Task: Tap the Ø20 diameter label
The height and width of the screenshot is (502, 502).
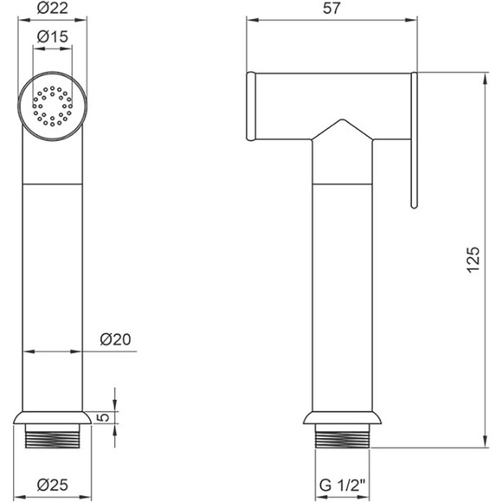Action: coord(116,339)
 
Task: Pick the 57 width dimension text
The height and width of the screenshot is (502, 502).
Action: coord(331,10)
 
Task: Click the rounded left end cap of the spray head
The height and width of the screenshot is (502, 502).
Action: coord(252,106)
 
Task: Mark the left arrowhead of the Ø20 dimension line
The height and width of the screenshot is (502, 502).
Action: coord(25,351)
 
